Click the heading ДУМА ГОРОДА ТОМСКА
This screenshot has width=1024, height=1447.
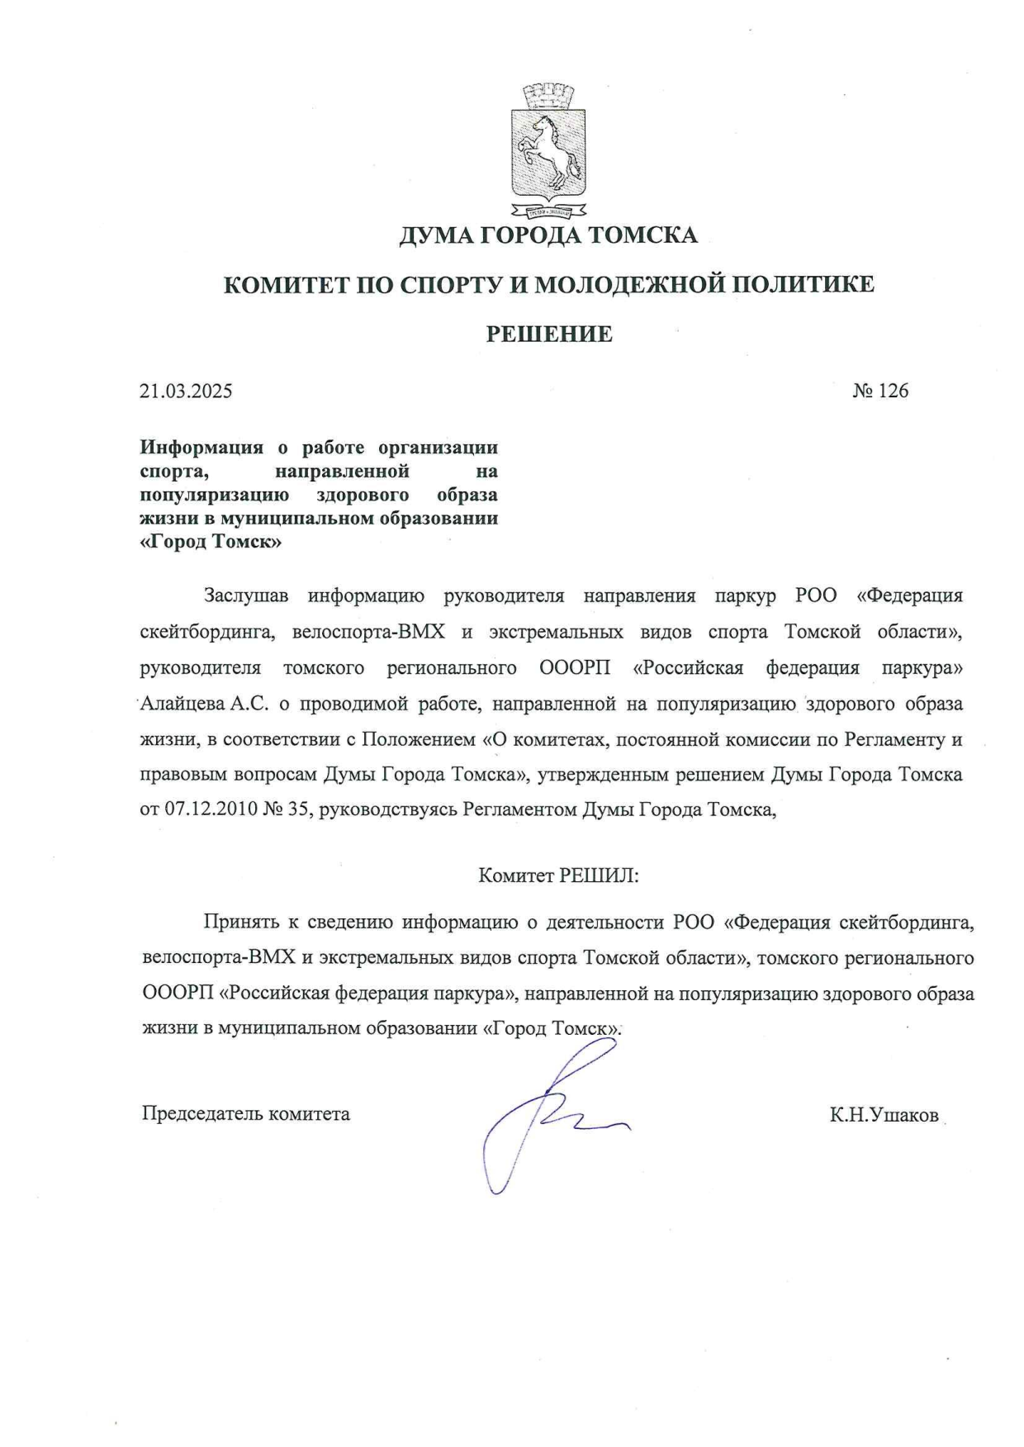point(548,236)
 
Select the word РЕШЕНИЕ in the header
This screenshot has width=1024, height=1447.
point(549,334)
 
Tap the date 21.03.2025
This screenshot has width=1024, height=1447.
point(186,391)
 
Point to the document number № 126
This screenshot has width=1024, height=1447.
point(880,391)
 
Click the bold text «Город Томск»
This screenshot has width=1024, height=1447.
point(211,543)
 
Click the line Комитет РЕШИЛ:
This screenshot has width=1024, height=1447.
point(559,876)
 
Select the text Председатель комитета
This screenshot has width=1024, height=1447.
point(246,1114)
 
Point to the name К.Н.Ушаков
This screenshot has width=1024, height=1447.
point(884,1116)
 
